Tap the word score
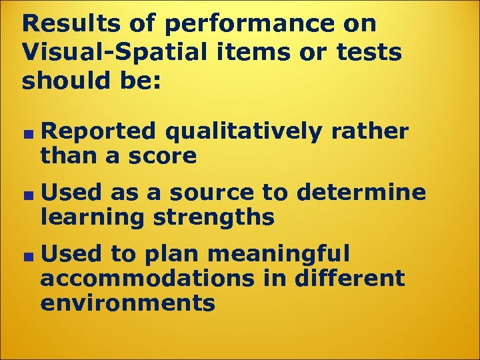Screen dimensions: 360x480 tap(163, 156)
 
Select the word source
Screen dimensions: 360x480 tap(211, 193)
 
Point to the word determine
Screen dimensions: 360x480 tap(361, 193)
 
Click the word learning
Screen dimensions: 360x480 tap(88, 217)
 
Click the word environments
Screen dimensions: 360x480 tap(127, 303)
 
